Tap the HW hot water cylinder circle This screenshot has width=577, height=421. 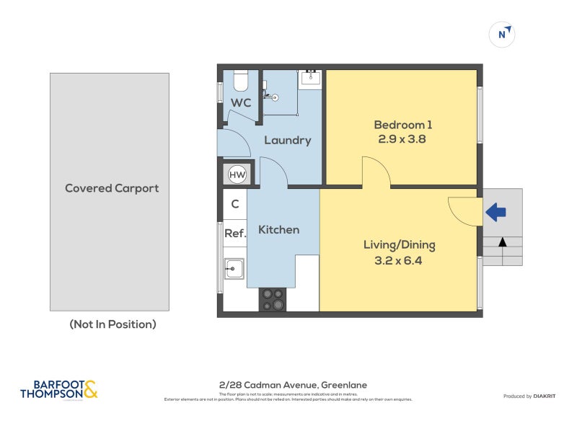[237, 174]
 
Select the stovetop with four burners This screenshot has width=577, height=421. [273, 299]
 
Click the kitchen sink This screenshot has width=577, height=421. [234, 269]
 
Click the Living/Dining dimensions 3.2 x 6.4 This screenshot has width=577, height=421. [398, 260]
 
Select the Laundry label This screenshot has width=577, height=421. [287, 140]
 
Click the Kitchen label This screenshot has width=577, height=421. [278, 229]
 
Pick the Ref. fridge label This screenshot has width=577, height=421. [235, 233]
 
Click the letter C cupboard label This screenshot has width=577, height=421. [235, 204]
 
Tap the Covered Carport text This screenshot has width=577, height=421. [112, 188]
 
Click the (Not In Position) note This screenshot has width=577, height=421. [113, 324]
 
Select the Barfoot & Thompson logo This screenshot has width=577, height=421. [58, 390]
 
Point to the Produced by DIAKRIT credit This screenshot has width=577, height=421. [533, 396]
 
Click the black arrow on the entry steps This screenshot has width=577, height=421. [502, 242]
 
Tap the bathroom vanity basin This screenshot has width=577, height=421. [312, 78]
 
